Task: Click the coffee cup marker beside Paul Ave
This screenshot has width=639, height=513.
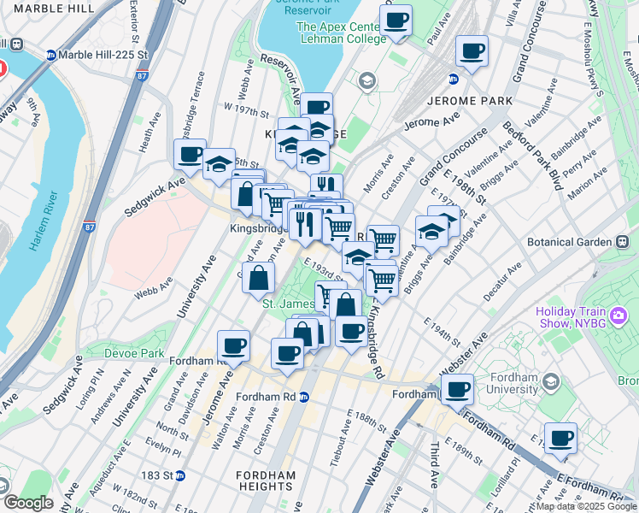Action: click(x=396, y=21)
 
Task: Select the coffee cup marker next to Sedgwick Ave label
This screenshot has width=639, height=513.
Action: click(x=190, y=155)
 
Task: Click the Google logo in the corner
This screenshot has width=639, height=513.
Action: click(x=27, y=503)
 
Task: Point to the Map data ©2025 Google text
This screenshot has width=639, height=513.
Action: click(x=585, y=506)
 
